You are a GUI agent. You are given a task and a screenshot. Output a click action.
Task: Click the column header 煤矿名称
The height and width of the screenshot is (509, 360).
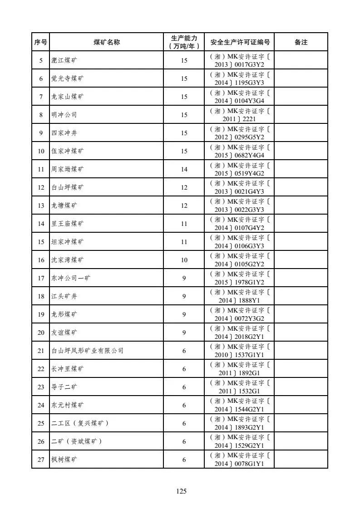pyautogui.click(x=107, y=42)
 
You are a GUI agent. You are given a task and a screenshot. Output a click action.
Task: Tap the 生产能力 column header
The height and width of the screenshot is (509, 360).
pyautogui.click(x=184, y=42)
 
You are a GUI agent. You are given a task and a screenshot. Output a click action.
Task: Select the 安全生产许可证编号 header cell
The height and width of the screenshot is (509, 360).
pyautogui.click(x=240, y=42)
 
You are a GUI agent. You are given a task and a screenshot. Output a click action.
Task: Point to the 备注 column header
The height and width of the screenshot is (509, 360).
pyautogui.click(x=301, y=42)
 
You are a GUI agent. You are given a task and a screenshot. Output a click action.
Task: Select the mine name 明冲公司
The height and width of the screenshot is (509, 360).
pyautogui.click(x=64, y=115)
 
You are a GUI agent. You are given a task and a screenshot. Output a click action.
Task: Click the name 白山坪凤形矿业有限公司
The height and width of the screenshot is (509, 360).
pyautogui.click(x=87, y=351)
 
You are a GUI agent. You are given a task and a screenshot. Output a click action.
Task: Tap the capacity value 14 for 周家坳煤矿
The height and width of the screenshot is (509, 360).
pyautogui.click(x=184, y=169)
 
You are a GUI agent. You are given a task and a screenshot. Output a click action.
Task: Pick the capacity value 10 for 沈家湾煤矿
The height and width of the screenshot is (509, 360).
pyautogui.click(x=184, y=260)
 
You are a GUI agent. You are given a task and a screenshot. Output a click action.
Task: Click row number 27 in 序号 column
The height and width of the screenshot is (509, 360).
pyautogui.click(x=41, y=460)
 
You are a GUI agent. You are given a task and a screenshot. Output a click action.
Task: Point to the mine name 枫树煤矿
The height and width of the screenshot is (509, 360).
pyautogui.click(x=64, y=460)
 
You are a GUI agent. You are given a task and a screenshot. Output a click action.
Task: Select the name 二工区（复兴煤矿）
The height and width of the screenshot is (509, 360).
pyautogui.click(x=80, y=423)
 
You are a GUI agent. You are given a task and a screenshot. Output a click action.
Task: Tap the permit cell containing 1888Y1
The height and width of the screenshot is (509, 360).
pyautogui.click(x=240, y=296)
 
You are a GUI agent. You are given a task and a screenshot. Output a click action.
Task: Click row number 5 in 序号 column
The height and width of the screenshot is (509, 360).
pyautogui.click(x=41, y=60)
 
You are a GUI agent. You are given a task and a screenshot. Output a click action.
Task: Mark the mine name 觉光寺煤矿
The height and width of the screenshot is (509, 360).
pyautogui.click(x=67, y=78)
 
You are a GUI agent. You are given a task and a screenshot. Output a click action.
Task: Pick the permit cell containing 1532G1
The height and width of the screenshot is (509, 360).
pyautogui.click(x=240, y=387)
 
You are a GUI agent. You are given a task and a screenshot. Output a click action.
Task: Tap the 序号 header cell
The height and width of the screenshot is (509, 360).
pyautogui.click(x=41, y=42)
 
